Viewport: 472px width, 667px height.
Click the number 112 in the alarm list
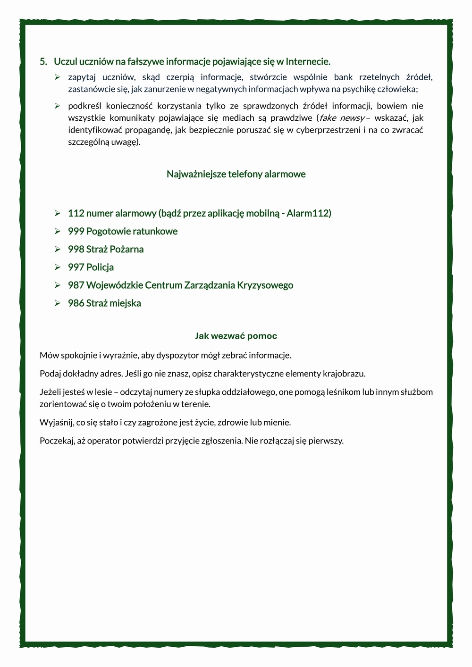click(76, 213)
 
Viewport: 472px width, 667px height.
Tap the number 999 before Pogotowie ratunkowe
click(76, 231)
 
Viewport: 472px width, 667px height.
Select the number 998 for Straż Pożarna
click(76, 249)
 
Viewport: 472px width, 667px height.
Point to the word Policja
click(100, 267)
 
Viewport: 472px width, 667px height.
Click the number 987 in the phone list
click(76, 285)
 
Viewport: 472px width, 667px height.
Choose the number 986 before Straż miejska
click(76, 303)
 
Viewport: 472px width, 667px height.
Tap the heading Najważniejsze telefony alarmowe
click(236, 174)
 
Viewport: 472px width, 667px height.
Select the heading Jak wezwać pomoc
click(236, 336)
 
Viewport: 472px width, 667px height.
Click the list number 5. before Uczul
click(44, 61)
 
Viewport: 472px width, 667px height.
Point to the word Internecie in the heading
click(308, 61)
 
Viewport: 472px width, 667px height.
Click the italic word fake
click(328, 118)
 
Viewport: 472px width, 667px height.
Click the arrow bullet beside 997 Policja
click(58, 267)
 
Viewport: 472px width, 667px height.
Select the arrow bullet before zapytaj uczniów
click(58, 77)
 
